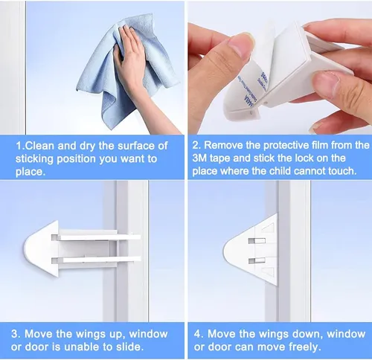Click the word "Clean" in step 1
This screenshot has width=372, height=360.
click(39, 146)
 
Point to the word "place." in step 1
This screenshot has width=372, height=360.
click(31, 172)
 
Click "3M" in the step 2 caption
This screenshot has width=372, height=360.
click(199, 158)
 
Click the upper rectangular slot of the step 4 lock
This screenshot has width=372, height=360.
click(257, 240)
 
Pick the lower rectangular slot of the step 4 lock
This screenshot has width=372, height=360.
click(257, 260)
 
